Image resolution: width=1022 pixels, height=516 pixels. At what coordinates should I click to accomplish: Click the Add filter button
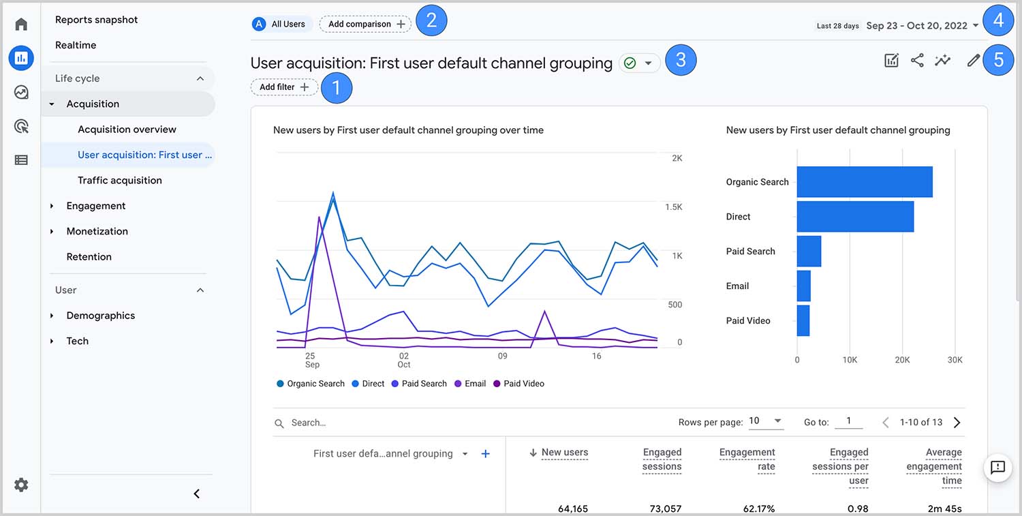click(x=284, y=87)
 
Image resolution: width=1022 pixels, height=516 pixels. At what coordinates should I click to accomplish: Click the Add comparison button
click(x=365, y=24)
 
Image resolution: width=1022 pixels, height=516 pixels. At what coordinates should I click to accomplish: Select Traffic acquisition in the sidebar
click(x=120, y=180)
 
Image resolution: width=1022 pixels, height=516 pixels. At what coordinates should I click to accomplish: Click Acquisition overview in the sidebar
click(x=127, y=130)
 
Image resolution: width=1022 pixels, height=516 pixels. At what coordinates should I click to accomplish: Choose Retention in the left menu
click(x=89, y=257)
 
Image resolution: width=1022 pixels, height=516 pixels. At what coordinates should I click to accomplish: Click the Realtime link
click(x=76, y=45)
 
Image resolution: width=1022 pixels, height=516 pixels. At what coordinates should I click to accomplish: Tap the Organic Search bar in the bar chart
click(x=864, y=182)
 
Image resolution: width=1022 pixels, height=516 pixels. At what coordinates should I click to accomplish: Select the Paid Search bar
click(x=809, y=252)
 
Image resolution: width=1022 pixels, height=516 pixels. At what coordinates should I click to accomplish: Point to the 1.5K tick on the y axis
click(x=673, y=207)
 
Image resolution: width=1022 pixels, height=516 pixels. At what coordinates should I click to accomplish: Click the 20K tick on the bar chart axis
click(x=902, y=359)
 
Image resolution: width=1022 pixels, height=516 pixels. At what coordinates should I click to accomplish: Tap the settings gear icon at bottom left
click(x=21, y=485)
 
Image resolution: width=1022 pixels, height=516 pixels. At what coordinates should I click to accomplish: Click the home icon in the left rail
click(x=21, y=25)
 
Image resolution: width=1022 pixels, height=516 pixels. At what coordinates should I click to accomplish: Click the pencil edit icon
click(x=973, y=61)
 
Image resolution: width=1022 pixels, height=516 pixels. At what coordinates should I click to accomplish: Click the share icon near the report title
click(x=917, y=61)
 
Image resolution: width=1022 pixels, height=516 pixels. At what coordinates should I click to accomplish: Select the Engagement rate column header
click(x=747, y=459)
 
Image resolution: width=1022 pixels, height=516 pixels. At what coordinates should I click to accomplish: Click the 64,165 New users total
click(x=572, y=509)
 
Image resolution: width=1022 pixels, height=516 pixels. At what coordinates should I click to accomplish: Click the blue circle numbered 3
click(x=680, y=60)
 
